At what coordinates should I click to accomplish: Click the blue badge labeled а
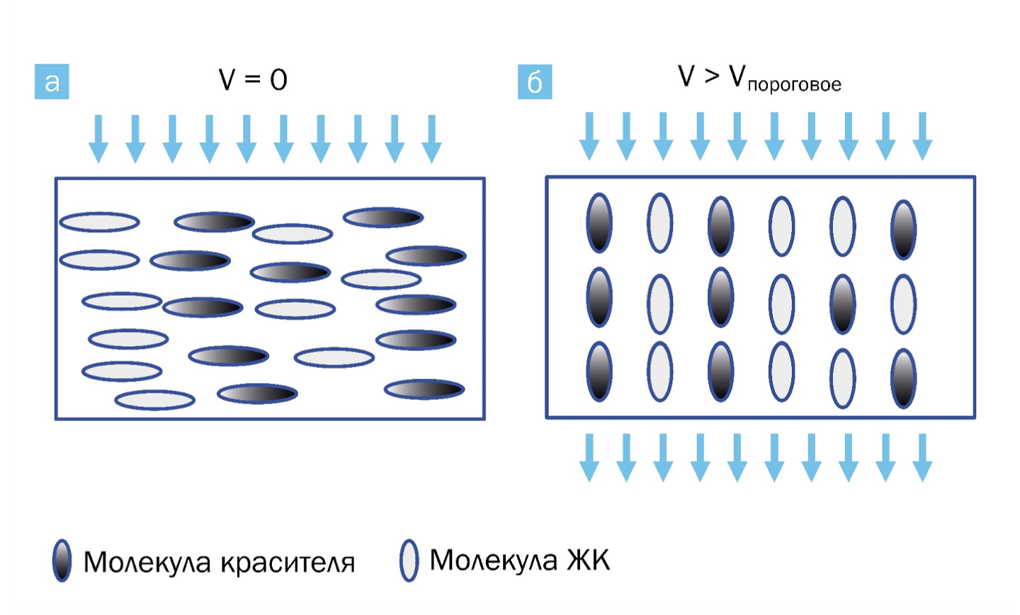tap(52, 81)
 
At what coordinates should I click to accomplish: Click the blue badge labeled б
tap(535, 82)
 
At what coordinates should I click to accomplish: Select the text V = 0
tap(253, 79)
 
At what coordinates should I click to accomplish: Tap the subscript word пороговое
tap(794, 85)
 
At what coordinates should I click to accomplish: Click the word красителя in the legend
tap(288, 563)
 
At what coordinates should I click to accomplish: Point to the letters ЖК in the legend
tap(588, 560)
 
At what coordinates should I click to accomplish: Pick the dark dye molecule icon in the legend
tap(62, 561)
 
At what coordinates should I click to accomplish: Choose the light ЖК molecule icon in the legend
tap(409, 561)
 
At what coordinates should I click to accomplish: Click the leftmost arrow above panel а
tap(98, 139)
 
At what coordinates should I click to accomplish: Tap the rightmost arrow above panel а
tap(431, 139)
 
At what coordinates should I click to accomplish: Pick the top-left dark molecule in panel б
tap(599, 223)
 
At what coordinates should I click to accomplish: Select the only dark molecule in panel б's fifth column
tap(842, 304)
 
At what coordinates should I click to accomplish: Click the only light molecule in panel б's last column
tap(903, 304)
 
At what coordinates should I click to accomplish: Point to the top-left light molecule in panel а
tap(99, 222)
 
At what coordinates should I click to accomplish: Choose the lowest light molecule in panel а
tap(154, 401)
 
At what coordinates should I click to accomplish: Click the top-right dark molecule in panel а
tap(383, 217)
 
